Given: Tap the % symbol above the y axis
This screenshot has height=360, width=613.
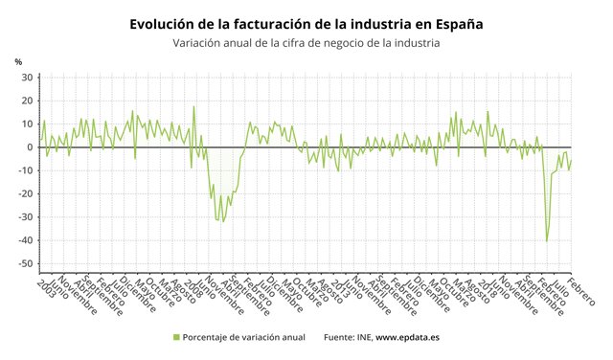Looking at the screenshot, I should pos(18,62).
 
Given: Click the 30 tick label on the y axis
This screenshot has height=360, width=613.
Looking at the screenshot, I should pos(28,78).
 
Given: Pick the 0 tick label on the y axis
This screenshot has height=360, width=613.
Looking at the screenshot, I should pos(31,147).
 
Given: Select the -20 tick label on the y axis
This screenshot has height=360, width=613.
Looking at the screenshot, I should pos(26,193).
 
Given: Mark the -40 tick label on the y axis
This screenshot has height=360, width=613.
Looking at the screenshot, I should pos(26,240).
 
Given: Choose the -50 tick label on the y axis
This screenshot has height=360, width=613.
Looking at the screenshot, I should pos(26,263).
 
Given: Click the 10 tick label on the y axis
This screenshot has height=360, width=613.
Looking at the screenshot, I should pos(28,124).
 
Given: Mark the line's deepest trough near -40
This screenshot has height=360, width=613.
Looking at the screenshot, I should pos(547,241).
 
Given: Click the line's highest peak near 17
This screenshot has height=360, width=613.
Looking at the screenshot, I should pos(193,107).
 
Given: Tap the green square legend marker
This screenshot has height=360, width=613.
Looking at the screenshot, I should pos(175,337).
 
